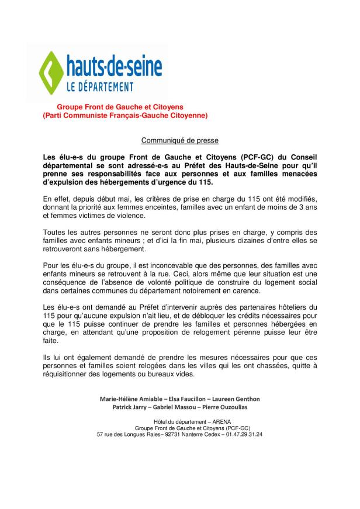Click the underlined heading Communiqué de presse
(x=180, y=141)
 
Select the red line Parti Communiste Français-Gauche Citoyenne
(x=125, y=116)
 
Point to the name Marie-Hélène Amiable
(x=136, y=399)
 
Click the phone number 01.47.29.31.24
(x=242, y=434)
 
